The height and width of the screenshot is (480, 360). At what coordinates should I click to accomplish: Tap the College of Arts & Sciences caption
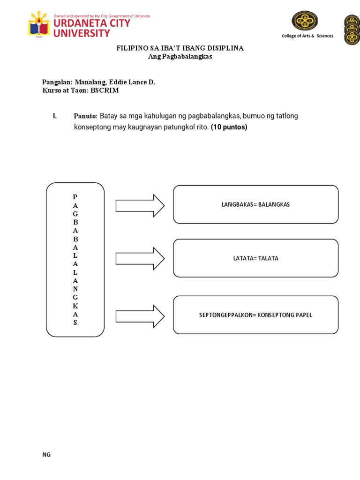click(307, 36)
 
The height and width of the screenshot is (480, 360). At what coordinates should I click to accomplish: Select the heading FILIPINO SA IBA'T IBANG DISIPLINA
click(180, 48)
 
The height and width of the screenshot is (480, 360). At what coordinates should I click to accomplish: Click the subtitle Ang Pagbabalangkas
click(180, 56)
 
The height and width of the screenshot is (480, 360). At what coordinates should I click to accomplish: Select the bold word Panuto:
click(85, 116)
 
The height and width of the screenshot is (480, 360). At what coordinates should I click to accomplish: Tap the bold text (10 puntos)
click(229, 127)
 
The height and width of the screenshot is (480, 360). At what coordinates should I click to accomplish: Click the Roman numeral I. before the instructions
click(55, 116)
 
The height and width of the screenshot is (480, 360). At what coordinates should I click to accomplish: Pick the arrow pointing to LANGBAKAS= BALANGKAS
click(140, 205)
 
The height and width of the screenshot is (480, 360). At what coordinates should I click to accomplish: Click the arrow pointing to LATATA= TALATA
click(140, 258)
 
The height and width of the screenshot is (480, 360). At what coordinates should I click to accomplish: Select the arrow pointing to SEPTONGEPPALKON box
click(140, 316)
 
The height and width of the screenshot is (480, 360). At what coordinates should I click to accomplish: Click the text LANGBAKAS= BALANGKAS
click(255, 205)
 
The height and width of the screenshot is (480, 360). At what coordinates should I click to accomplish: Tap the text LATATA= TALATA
click(255, 258)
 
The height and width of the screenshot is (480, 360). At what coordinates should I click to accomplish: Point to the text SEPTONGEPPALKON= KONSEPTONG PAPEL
click(255, 315)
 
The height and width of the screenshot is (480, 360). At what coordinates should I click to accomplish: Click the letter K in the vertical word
click(75, 306)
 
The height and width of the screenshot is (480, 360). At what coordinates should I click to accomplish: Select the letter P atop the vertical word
click(75, 197)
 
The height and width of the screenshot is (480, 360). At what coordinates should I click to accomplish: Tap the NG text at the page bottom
click(46, 455)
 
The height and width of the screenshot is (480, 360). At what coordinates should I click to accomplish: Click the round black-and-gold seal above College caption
click(305, 21)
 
